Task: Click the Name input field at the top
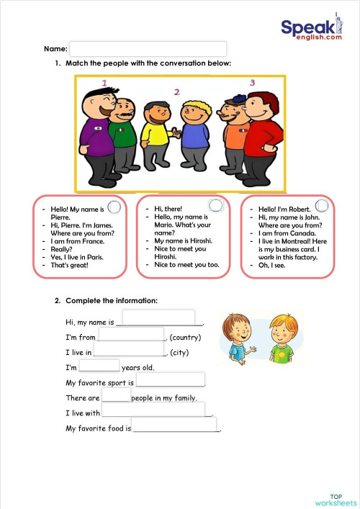(148, 49)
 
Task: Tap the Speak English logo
(310, 30)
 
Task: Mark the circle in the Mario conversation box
(215, 206)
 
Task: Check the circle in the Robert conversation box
(322, 206)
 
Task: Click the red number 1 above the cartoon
(104, 84)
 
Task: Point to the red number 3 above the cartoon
(252, 83)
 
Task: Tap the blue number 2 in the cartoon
(176, 92)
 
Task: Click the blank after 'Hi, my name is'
(158, 317)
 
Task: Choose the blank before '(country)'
(131, 334)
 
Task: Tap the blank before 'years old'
(99, 365)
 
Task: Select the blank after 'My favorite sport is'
(170, 380)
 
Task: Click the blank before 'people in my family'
(115, 395)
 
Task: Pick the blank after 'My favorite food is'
(174, 425)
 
